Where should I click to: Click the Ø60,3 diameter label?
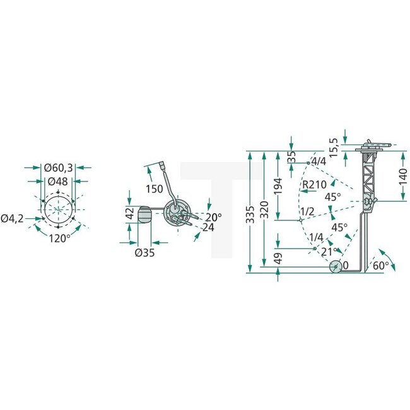59,168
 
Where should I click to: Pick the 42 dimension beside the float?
129,213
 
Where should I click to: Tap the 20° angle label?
213,217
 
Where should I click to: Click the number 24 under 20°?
209,228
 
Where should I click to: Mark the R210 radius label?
314,184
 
